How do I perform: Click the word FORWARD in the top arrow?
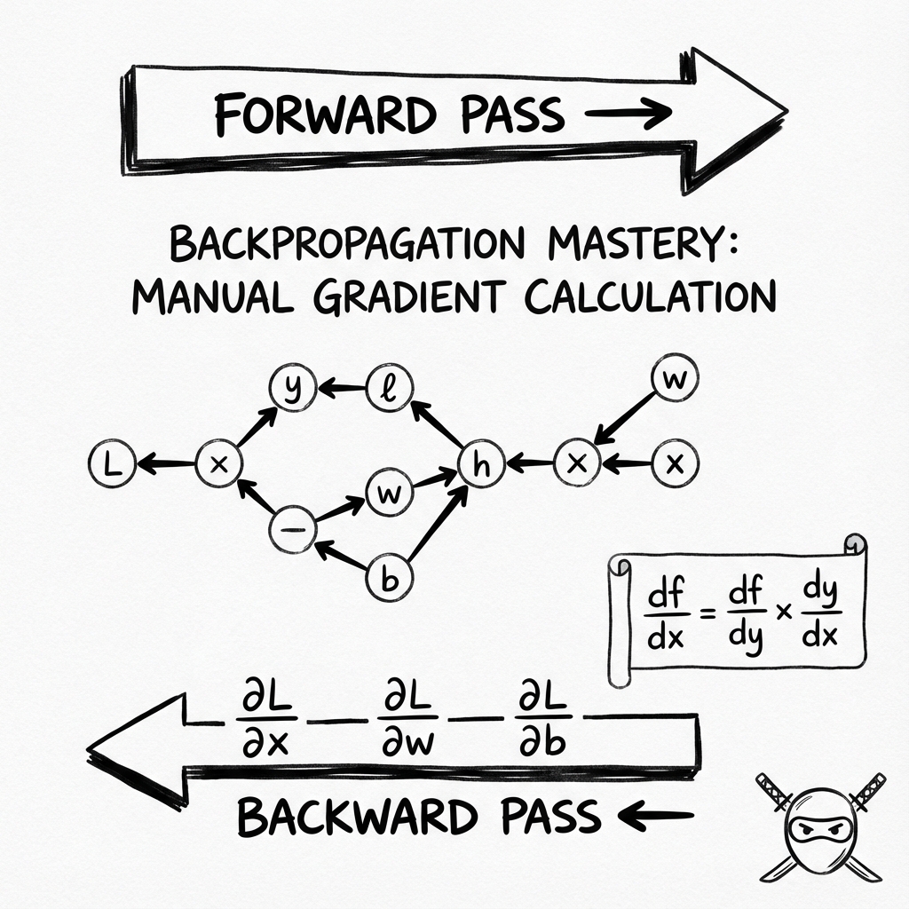[325, 115]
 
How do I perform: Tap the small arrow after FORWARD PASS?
[628, 113]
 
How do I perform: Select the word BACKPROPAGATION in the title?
[347, 242]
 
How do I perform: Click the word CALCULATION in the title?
[650, 296]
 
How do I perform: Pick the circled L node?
[113, 463]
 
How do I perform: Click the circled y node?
[293, 387]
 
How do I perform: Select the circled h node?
[481, 464]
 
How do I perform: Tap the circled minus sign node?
[293, 529]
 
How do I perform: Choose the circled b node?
[391, 577]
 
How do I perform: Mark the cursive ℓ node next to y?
[390, 387]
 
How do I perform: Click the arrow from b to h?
[438, 523]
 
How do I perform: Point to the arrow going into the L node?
[166, 463]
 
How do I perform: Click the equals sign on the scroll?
[707, 613]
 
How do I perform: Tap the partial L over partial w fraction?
[408, 718]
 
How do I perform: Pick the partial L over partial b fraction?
[542, 718]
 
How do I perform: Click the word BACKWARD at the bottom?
[358, 817]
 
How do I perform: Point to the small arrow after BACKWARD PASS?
[656, 815]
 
